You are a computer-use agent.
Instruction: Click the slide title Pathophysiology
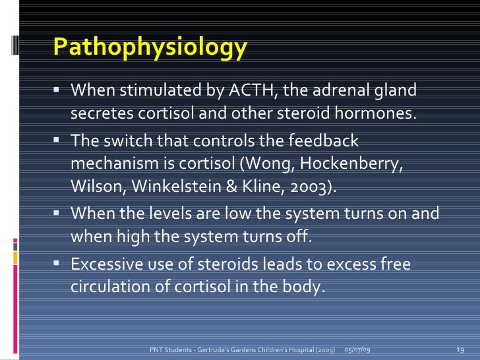[x=150, y=47]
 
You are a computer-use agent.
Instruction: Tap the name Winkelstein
[x=180, y=187]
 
